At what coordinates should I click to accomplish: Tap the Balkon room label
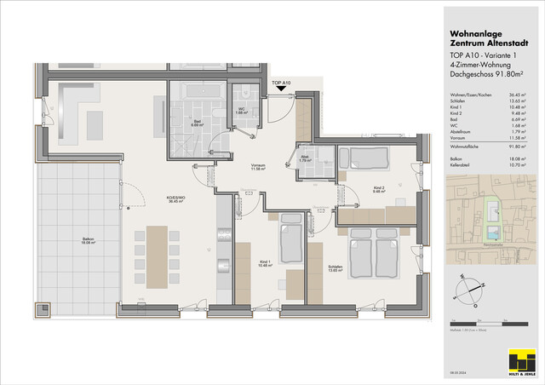click(x=88, y=240)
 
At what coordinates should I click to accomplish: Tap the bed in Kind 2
click(x=357, y=158)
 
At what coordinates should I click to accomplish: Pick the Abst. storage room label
click(x=304, y=158)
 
